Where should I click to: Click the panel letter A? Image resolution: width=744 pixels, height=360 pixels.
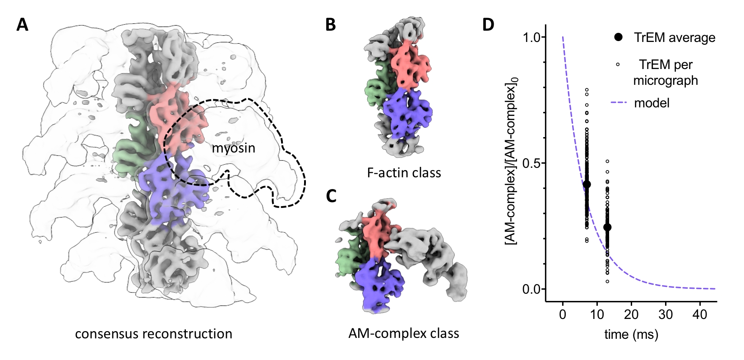[22, 24]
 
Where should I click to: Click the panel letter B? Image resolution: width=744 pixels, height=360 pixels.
[330, 24]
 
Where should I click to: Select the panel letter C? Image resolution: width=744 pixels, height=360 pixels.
[331, 196]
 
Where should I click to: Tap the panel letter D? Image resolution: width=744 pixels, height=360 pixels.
[488, 24]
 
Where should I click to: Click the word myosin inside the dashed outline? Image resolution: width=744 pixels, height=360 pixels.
[233, 148]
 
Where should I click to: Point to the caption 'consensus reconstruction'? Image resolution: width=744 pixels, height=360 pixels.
[153, 334]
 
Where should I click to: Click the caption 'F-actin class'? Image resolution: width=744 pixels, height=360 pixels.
[404, 172]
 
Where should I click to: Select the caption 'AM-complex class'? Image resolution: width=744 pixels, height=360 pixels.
[404, 333]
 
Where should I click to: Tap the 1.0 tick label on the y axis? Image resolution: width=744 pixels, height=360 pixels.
[532, 37]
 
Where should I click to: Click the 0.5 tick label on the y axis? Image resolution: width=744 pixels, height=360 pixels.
[532, 163]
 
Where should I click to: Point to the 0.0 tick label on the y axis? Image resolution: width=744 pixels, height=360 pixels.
[532, 289]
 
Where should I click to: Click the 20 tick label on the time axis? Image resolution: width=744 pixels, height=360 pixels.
[631, 314]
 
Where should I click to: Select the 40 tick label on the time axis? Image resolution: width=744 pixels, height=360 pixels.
[700, 314]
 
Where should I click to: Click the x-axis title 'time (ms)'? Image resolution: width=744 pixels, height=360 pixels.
[631, 334]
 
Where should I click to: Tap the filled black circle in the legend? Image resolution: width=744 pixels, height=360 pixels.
[618, 37]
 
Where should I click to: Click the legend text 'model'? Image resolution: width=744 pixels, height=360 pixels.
[652, 103]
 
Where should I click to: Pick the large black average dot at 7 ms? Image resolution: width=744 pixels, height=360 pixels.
[587, 184]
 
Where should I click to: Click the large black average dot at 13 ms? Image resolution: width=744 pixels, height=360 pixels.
[607, 227]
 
